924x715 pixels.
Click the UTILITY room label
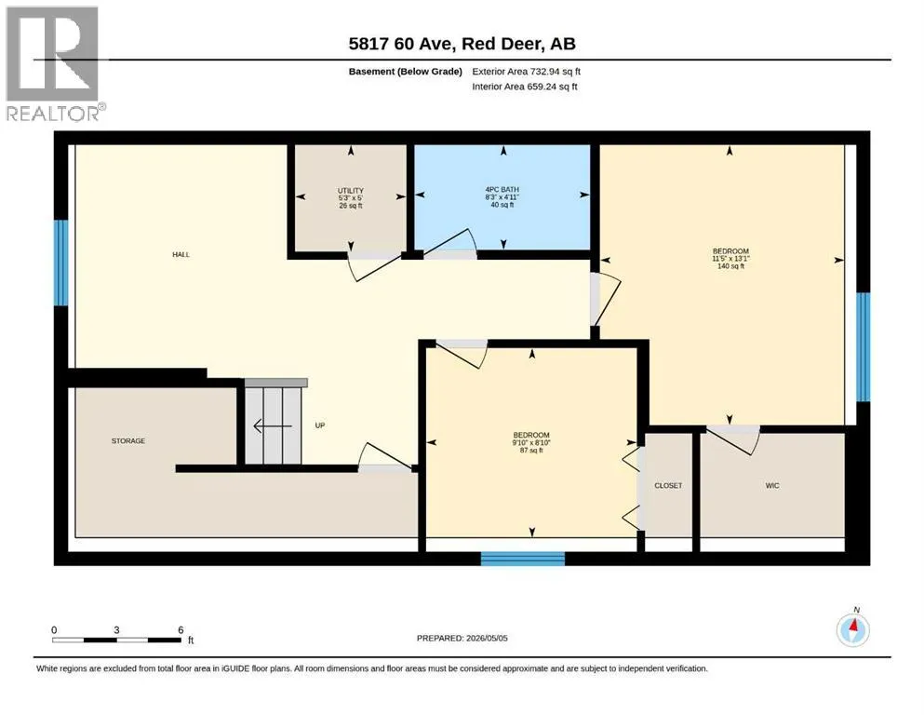(x=350, y=191)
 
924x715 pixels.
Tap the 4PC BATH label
(x=502, y=190)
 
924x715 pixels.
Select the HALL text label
(x=181, y=255)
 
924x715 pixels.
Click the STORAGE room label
(x=128, y=441)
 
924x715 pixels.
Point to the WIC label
(x=772, y=486)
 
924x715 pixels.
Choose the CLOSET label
(x=668, y=486)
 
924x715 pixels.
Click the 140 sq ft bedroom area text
(x=730, y=266)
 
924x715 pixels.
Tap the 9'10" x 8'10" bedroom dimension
(x=531, y=442)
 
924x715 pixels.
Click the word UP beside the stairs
(x=320, y=425)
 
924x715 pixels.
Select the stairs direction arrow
(x=273, y=425)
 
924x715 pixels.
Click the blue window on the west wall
(x=60, y=263)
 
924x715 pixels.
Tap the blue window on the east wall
(x=863, y=346)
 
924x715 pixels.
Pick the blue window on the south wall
(x=523, y=559)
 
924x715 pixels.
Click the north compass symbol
(x=852, y=630)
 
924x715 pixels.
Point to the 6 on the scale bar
(x=181, y=630)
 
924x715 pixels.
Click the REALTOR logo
(x=54, y=63)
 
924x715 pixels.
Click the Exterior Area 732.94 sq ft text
(x=527, y=72)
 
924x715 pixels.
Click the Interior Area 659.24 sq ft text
(x=525, y=87)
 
